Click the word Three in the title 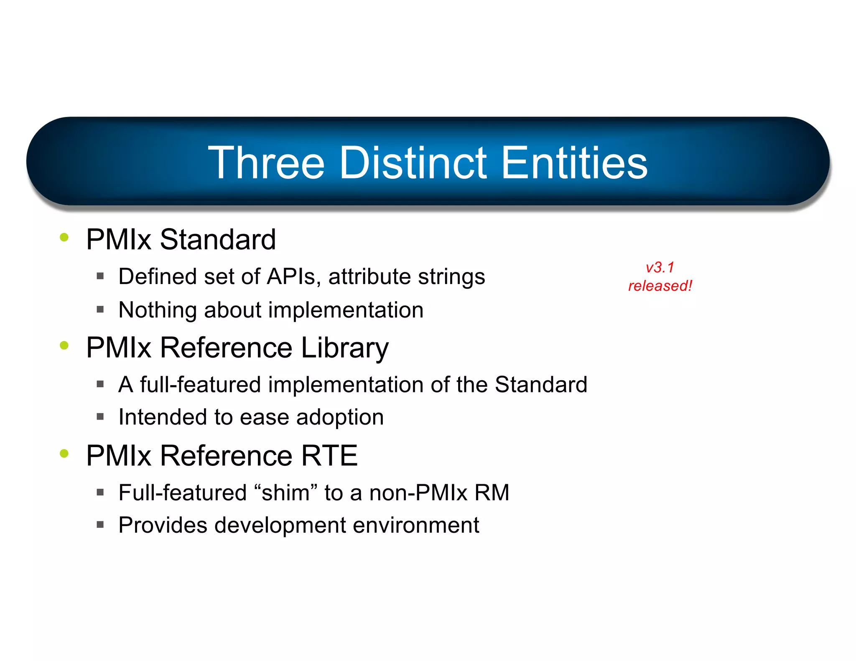[266, 163]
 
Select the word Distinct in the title [413, 163]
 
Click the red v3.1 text [660, 267]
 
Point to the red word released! [660, 286]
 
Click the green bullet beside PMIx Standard [64, 237]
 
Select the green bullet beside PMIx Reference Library [64, 345]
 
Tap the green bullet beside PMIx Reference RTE [64, 453]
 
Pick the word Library [345, 348]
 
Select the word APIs [294, 277]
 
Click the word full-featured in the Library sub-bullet [200, 384]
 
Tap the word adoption [340, 417]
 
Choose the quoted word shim [285, 492]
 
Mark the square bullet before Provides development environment [100, 525]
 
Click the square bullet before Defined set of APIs [100, 276]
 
